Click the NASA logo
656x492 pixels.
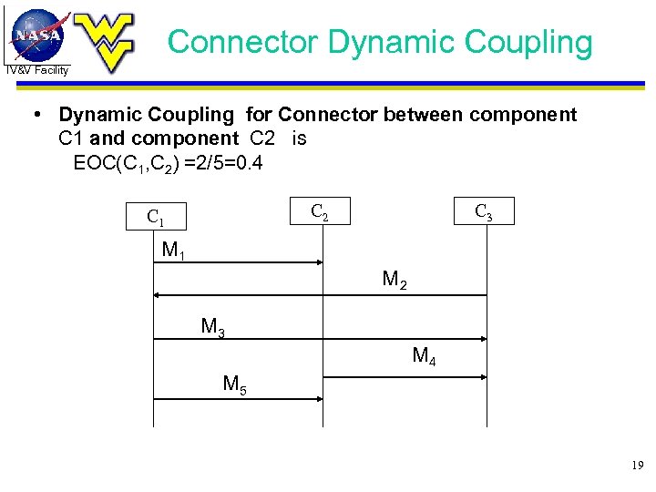point(37,35)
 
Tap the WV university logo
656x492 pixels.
point(104,42)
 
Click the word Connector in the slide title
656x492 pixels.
point(242,41)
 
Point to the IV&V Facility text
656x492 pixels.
point(36,70)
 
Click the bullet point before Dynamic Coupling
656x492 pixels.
point(35,115)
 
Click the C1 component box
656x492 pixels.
point(156,217)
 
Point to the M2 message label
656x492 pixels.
point(395,280)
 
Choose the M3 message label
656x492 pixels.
point(213,326)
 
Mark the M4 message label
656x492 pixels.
point(424,355)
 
